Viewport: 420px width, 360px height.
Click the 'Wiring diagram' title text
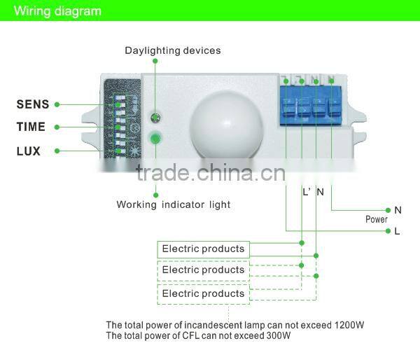[58, 11]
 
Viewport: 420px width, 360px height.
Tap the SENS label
[33, 104]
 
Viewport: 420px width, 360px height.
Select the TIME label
[31, 127]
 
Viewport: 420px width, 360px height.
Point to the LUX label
[29, 151]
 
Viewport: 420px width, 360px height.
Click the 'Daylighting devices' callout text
[173, 50]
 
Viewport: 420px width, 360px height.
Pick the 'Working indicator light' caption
[173, 205]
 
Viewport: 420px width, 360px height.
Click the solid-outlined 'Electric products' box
[203, 249]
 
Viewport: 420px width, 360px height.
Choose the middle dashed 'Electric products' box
[203, 270]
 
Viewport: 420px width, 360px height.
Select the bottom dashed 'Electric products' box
[203, 293]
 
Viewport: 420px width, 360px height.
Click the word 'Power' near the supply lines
[376, 219]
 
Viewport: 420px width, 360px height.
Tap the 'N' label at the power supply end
[398, 209]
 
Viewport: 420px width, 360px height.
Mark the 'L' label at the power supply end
[397, 230]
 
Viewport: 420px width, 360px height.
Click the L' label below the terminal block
[306, 191]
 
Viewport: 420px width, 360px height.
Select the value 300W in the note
[277, 335]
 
